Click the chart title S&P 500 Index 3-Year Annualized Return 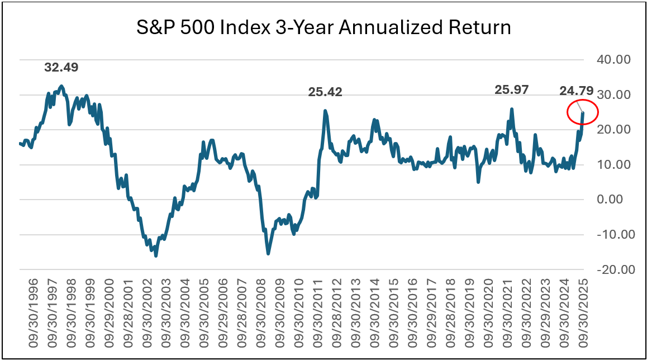(x=323, y=27)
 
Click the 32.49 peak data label (x=61, y=68)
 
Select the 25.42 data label (x=325, y=92)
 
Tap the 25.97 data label (x=512, y=89)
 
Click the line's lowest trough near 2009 (x=268, y=254)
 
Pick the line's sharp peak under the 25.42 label (x=325, y=111)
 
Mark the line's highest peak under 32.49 (x=61, y=86)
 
